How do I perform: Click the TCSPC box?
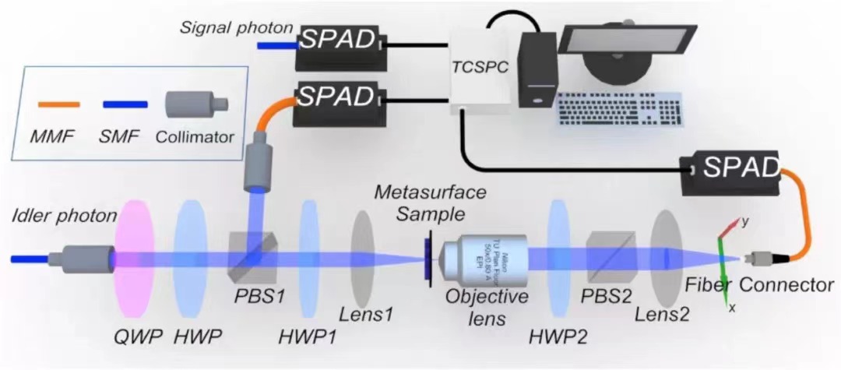pyautogui.click(x=480, y=69)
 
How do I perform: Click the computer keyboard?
pyautogui.click(x=619, y=109)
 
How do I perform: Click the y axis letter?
pyautogui.click(x=744, y=221)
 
